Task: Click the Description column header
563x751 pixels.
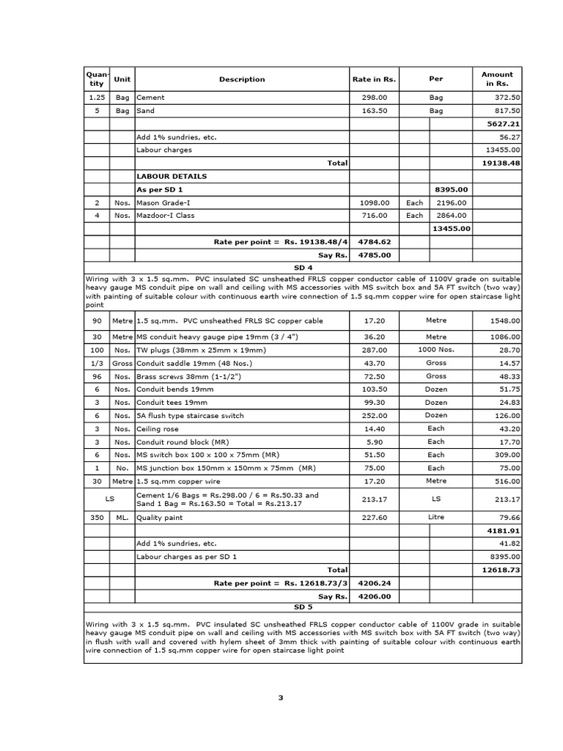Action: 241,79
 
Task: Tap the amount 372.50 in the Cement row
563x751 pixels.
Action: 507,98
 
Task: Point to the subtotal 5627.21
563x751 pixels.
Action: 504,124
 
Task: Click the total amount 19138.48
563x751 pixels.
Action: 501,164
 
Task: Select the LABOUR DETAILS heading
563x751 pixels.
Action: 172,176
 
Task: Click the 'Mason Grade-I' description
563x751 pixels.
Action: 166,202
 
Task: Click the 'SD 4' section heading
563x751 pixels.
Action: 303,268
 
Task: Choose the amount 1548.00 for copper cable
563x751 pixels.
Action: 505,320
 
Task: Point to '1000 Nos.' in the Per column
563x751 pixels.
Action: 435,350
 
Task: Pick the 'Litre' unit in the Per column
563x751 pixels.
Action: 435,516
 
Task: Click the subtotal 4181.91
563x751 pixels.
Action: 504,530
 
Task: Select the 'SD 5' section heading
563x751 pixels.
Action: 303,607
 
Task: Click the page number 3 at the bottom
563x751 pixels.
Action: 280,697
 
